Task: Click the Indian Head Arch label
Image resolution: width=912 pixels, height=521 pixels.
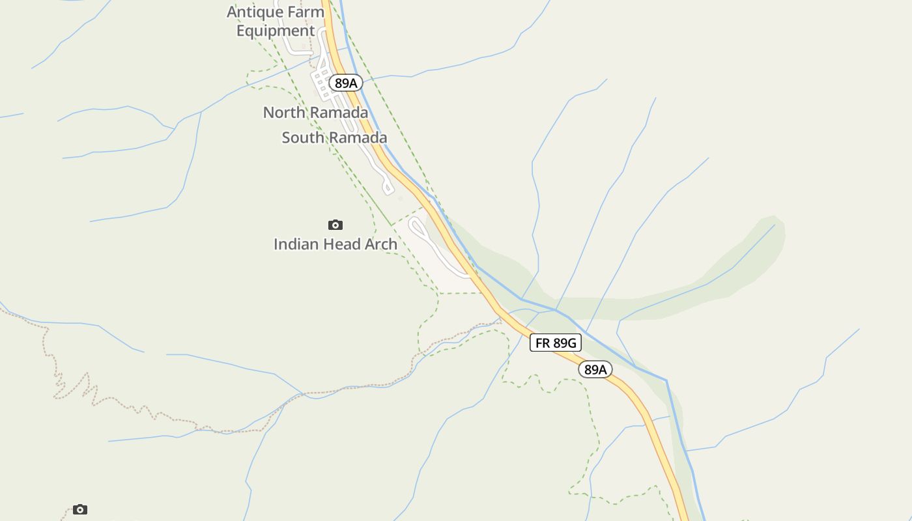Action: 335,244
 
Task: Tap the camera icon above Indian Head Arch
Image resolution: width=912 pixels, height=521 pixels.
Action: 335,225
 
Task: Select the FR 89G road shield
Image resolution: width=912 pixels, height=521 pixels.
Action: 555,343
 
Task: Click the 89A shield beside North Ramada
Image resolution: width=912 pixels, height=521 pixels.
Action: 345,83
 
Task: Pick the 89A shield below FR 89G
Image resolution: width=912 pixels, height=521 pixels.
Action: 595,370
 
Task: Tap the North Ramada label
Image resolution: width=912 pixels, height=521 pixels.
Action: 315,113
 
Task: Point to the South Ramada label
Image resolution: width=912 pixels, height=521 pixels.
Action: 334,137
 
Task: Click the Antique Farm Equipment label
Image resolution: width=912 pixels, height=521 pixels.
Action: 276,21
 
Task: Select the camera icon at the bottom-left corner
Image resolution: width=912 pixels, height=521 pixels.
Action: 80,509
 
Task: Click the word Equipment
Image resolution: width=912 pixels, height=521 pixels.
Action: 276,31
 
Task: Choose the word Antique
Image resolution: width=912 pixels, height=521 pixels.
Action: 255,12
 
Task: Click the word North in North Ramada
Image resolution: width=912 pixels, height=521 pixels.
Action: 284,113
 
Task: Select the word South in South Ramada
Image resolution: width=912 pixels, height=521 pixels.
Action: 303,137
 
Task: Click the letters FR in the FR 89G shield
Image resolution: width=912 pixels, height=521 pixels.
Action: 543,343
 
